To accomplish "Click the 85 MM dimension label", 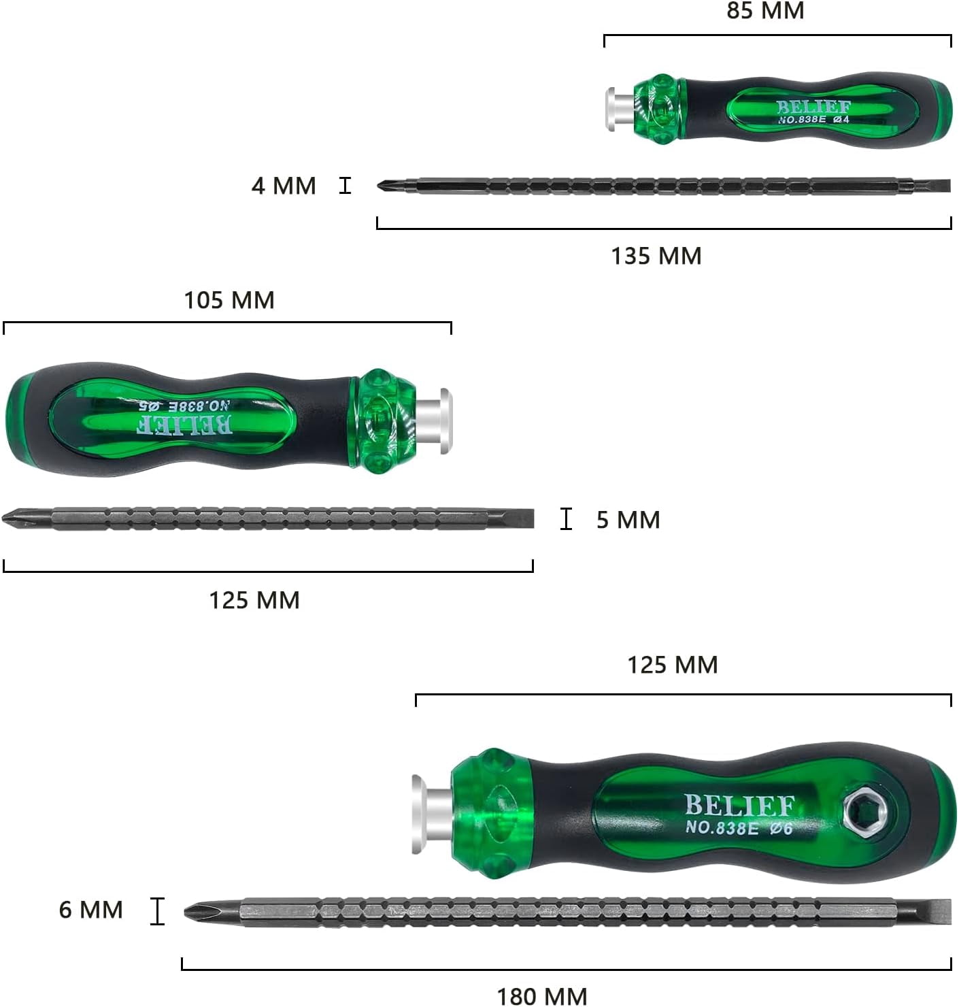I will coord(765,11).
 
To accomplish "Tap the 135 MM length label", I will coord(656,256).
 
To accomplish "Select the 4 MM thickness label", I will coord(284,186).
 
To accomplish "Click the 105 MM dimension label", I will coord(229,300).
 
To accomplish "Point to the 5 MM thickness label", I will coord(628,520).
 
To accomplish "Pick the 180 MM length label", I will coord(542,996).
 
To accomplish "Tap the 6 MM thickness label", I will coord(90,910).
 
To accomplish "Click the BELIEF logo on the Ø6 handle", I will coord(739,805).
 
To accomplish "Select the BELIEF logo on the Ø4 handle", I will coord(813,107).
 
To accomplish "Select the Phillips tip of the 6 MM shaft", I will coord(197,911).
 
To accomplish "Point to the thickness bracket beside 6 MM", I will coord(157,910).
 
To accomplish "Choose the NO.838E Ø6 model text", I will coord(739,828).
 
